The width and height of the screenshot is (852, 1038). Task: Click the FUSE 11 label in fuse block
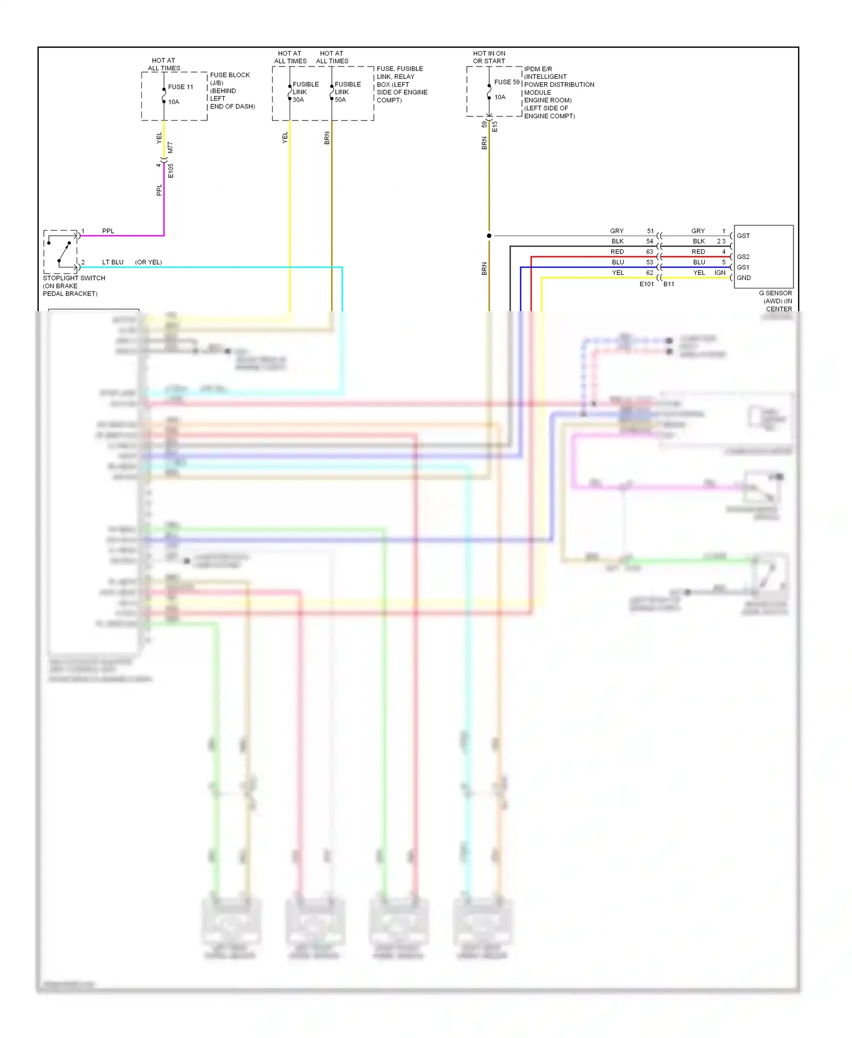(180, 87)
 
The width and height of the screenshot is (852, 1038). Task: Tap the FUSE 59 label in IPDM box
(507, 82)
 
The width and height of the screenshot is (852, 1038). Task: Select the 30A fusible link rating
(298, 100)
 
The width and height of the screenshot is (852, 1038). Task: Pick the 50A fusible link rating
(340, 100)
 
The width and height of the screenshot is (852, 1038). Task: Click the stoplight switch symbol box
(61, 252)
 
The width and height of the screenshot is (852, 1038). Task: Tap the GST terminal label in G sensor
(743, 236)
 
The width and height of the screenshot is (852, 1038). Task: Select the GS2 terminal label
(743, 257)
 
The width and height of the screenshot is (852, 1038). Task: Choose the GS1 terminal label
(743, 267)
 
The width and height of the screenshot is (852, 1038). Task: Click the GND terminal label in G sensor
(744, 278)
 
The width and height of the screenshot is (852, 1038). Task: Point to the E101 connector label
(646, 284)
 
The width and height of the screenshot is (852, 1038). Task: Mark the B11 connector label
(669, 284)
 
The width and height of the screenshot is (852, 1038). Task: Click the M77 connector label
(170, 148)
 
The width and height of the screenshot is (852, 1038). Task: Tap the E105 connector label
(170, 171)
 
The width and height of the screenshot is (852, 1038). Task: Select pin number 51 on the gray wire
(650, 231)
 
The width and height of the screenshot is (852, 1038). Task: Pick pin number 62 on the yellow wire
(650, 273)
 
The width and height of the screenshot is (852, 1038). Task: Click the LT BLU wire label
(112, 262)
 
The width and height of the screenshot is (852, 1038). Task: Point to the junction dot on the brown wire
(489, 236)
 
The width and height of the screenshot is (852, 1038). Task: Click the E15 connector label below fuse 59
(495, 126)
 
